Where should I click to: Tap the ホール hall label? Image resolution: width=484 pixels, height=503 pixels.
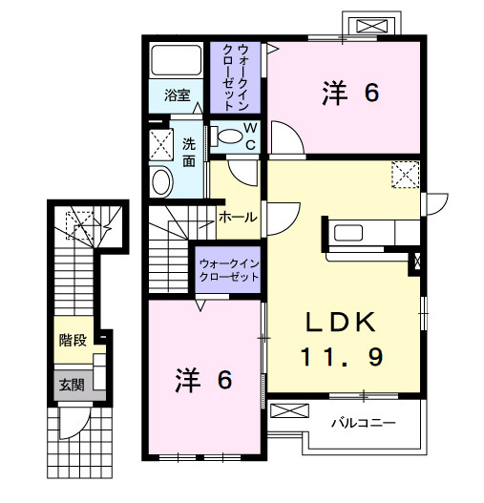pyautogui.click(x=238, y=217)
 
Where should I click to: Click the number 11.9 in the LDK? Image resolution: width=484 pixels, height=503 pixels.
pyautogui.click(x=343, y=357)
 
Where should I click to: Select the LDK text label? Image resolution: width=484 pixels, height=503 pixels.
pyautogui.click(x=343, y=322)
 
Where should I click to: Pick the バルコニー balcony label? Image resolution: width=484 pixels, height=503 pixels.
pyautogui.click(x=364, y=422)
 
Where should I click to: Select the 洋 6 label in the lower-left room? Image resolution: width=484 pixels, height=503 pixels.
pyautogui.click(x=203, y=380)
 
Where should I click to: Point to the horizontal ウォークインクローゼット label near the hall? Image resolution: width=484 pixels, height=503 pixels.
pyautogui.click(x=229, y=268)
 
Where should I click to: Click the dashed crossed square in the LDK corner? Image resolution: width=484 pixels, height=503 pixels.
pyautogui.click(x=406, y=175)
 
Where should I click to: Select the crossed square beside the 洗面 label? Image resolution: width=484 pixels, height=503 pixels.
pyautogui.click(x=158, y=144)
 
